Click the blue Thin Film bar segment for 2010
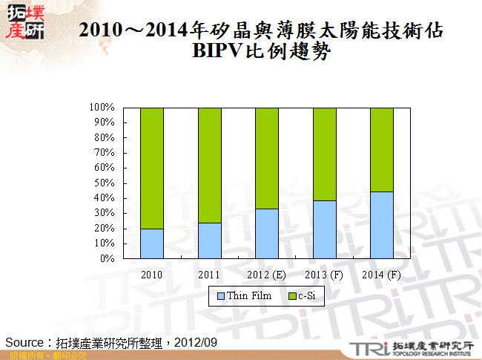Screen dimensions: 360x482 pos(151,243)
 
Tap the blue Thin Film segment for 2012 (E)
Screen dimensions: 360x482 pos(267,233)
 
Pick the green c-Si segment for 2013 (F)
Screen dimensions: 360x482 pos(324,154)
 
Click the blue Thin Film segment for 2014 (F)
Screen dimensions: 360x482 pos(381,225)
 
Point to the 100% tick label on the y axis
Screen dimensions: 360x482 pos(102,107)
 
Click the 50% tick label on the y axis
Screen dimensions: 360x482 pos(105,183)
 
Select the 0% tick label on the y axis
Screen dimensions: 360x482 pos(108,258)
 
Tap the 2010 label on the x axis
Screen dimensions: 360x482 pos(151,275)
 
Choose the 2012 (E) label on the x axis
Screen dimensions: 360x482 pos(267,275)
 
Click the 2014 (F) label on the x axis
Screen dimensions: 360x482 pos(382,275)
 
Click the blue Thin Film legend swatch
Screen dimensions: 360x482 pos(220,296)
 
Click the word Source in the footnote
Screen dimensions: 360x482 pos(25,342)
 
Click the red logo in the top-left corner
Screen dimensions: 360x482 pos(24,22)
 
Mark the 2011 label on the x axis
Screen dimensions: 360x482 pos(209,275)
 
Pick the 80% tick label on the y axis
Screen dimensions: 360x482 pos(105,137)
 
